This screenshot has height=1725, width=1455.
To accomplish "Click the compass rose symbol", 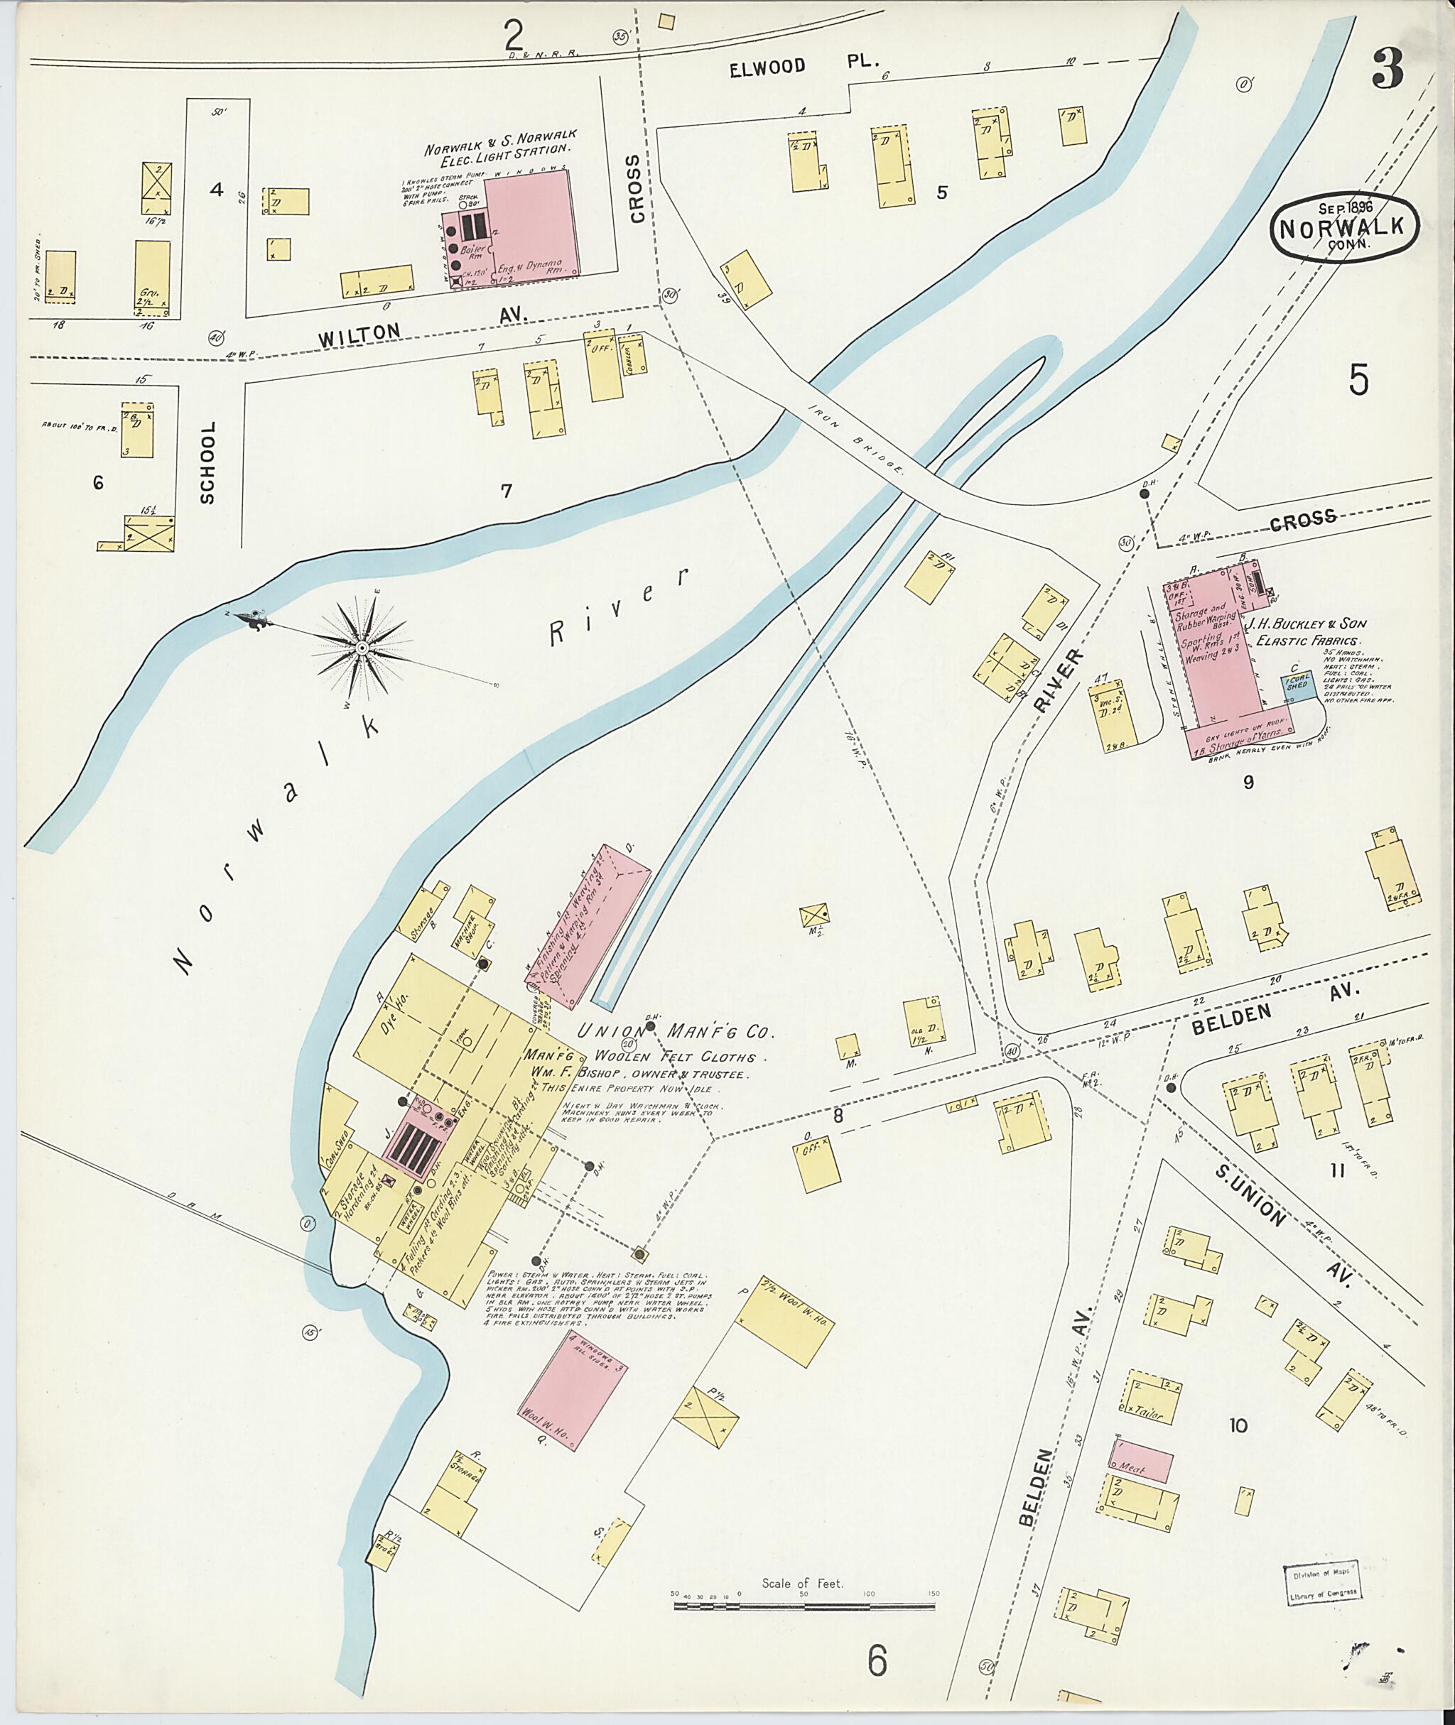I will point(362,649).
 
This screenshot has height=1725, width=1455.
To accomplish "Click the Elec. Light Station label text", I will point(501,141).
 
